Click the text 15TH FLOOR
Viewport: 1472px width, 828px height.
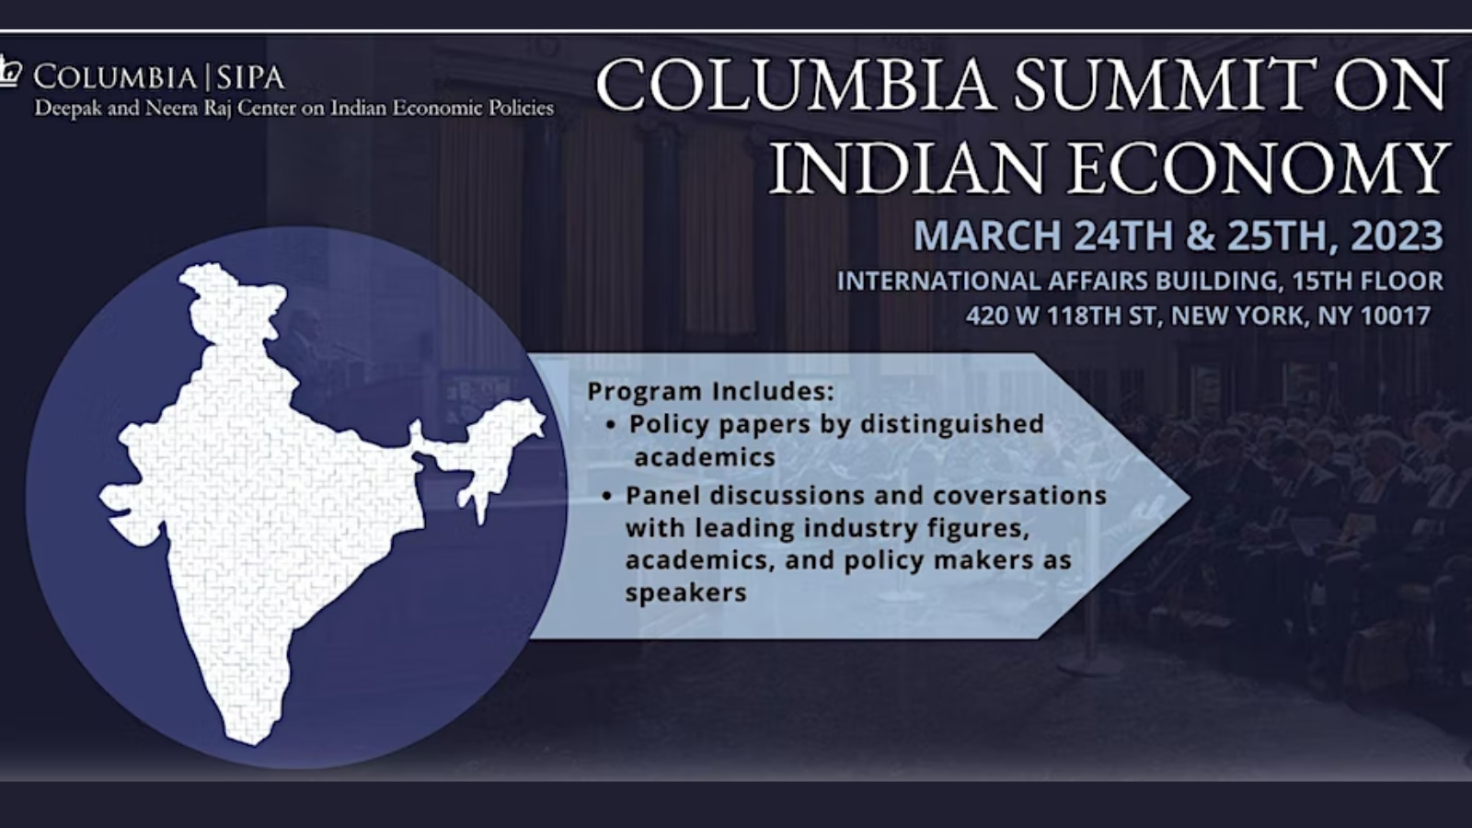coord(1367,282)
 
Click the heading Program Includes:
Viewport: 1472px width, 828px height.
coord(710,392)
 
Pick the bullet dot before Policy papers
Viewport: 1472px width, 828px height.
coord(611,426)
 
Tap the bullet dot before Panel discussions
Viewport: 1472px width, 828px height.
coord(607,496)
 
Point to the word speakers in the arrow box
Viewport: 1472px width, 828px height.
coord(686,592)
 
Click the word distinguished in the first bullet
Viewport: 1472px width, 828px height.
coord(952,424)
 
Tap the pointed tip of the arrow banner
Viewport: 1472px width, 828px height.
coord(1190,498)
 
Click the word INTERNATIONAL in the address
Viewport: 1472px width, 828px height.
coord(937,282)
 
